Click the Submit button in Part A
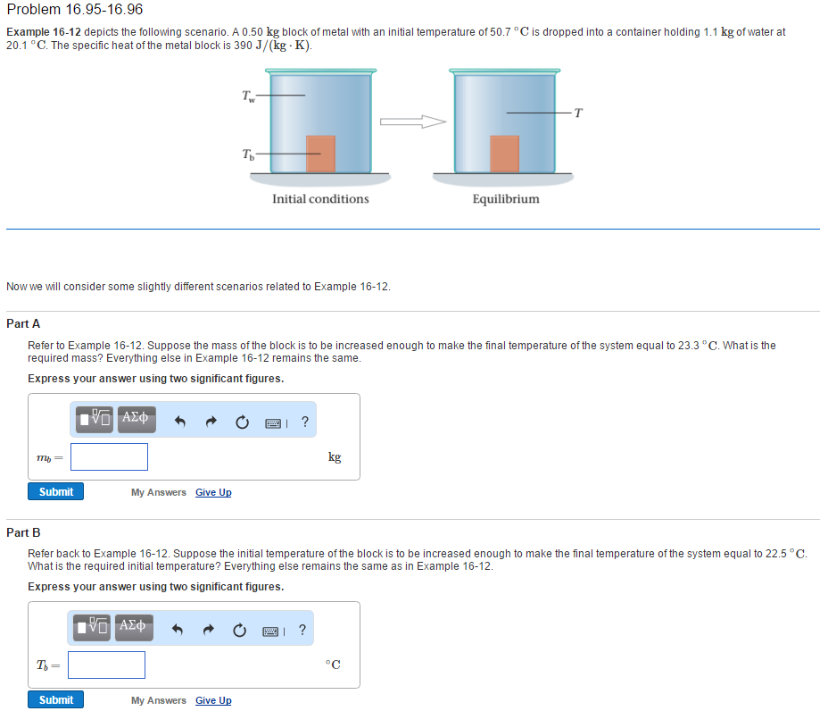[x=56, y=492]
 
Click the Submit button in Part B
[x=56, y=700]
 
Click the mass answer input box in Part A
[x=110, y=457]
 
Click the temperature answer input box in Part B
[x=106, y=665]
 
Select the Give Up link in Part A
[x=213, y=493]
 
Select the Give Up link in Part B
[x=213, y=701]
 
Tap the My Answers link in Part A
[x=159, y=493]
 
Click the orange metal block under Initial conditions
[x=320, y=154]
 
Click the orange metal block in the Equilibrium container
[x=504, y=154]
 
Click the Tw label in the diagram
[x=248, y=95]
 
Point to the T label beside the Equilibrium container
[x=578, y=113]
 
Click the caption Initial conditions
[x=320, y=199]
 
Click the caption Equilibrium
[x=506, y=199]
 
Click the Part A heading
[x=23, y=323]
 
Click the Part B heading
[x=23, y=532]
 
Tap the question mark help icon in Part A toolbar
[x=305, y=422]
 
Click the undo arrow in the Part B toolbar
[x=179, y=631]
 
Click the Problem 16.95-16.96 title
[x=74, y=10]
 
